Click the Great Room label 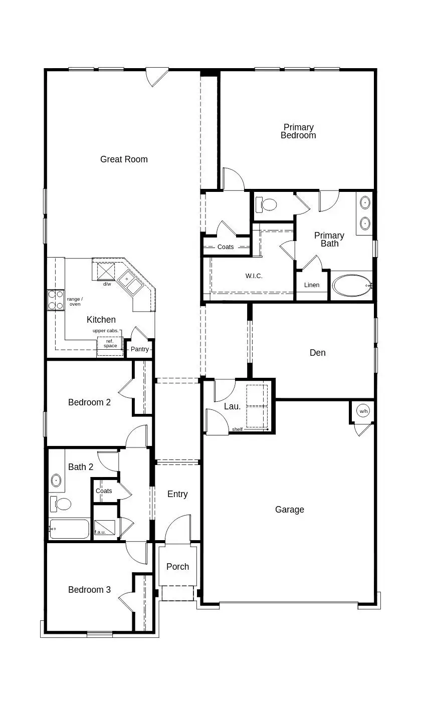coord(124,159)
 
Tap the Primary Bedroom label coord(298,131)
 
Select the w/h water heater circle coord(363,411)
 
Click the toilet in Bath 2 coord(63,504)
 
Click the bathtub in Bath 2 coord(70,529)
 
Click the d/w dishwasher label coord(107,284)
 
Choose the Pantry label coord(140,349)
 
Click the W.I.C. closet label coord(254,276)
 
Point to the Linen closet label coord(312,285)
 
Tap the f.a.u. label coord(100,532)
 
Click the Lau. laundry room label coord(232,406)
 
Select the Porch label coord(177,567)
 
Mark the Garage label coord(290,510)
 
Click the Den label coord(317,353)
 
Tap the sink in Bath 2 coord(56,482)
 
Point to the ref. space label coord(110,343)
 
